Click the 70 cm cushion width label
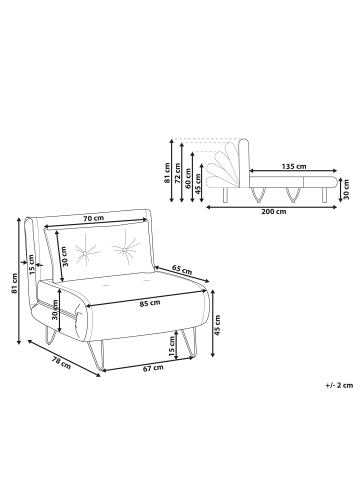(94, 218)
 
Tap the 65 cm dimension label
(182, 269)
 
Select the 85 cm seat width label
(150, 303)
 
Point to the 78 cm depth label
(61, 362)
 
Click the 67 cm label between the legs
(153, 368)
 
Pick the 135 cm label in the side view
(294, 166)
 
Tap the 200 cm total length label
(274, 211)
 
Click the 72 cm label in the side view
(178, 173)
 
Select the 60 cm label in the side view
(188, 179)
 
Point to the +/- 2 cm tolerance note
(339, 386)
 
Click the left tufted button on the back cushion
(85, 253)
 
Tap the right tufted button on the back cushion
(125, 249)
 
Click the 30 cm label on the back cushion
(65, 256)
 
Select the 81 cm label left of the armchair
(14, 283)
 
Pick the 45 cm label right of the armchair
(218, 325)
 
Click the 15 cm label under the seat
(172, 345)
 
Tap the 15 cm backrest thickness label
(32, 264)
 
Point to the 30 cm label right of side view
(346, 189)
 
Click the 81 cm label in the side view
(167, 173)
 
